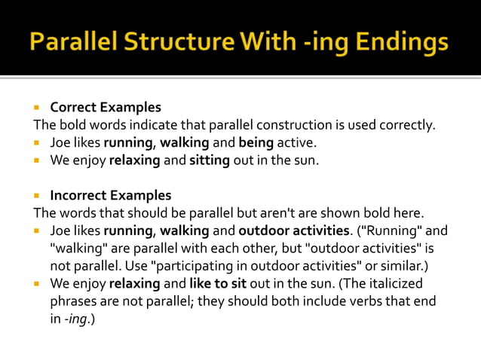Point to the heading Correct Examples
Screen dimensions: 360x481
click(x=106, y=108)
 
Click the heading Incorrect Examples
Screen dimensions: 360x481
click(x=111, y=196)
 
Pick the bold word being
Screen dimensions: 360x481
click(x=256, y=142)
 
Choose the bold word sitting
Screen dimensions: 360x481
click(x=210, y=160)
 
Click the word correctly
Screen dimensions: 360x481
click(x=409, y=125)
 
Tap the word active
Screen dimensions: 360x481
click(x=300, y=142)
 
